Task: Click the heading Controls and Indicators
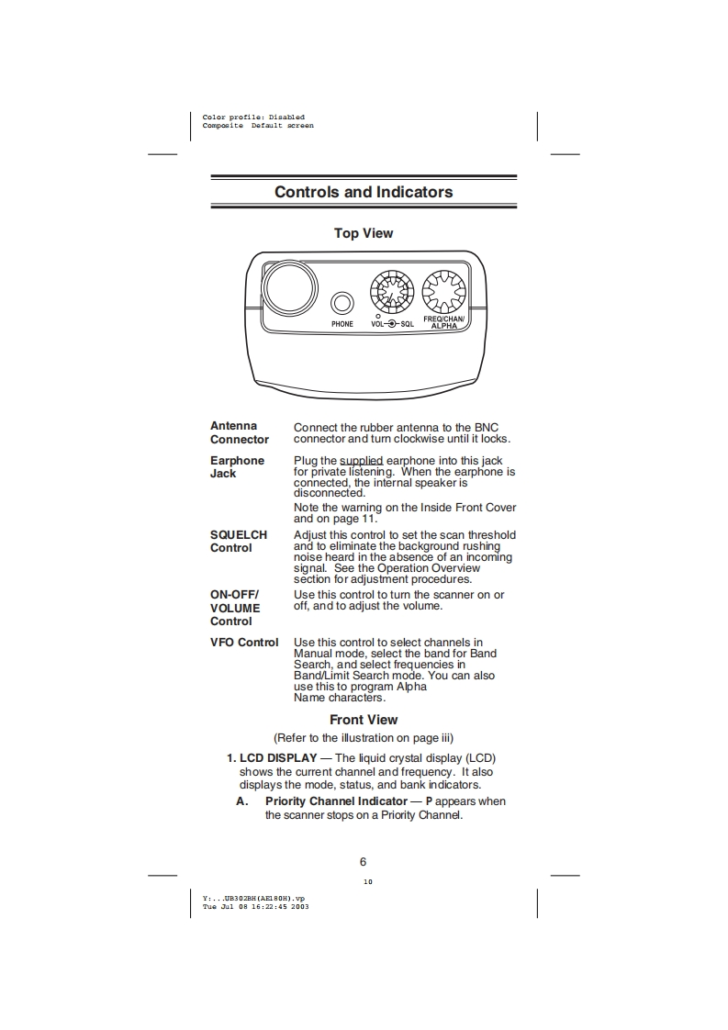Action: [364, 192]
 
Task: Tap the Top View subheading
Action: [364, 233]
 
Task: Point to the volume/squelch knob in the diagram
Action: [392, 292]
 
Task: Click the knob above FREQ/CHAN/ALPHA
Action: [444, 292]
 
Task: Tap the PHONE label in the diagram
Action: [342, 324]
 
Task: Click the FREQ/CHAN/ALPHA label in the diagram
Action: [444, 321]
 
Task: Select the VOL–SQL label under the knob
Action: [392, 324]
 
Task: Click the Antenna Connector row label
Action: [240, 432]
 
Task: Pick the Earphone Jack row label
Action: [237, 466]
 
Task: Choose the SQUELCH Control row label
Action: [239, 541]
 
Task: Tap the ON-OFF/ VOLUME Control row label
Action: [235, 608]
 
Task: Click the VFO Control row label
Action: [244, 642]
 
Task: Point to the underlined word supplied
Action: [361, 460]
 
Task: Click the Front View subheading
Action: [364, 720]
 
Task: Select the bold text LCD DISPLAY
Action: [278, 758]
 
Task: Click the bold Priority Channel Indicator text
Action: [336, 801]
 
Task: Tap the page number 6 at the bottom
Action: [364, 861]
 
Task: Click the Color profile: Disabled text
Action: [253, 118]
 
